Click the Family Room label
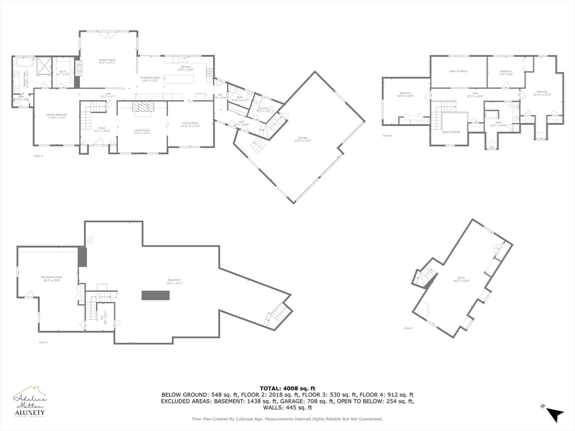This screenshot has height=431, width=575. point(107,60)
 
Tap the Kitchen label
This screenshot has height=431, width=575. point(185,67)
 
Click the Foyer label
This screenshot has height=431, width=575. point(102,128)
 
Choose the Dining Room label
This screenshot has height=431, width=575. point(190,123)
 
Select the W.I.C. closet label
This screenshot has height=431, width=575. point(63,71)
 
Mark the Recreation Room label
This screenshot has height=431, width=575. point(51,277)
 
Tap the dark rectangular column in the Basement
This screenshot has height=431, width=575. point(156,295)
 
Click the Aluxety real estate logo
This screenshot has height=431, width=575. point(30,402)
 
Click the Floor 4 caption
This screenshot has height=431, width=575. point(387,136)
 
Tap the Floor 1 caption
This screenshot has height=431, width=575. point(43,342)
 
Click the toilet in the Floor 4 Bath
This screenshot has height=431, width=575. point(491,144)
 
